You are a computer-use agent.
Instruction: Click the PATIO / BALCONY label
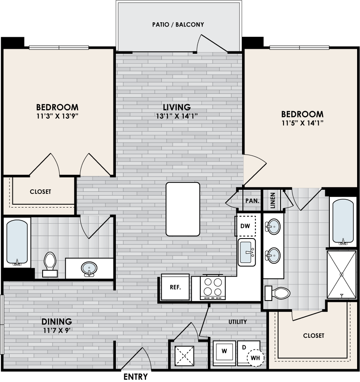[x=178, y=25]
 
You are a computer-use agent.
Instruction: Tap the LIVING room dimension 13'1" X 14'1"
[x=177, y=116]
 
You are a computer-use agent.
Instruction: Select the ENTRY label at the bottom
[x=136, y=376]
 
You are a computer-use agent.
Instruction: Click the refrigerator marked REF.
[x=175, y=287]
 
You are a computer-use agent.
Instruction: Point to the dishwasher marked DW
[x=245, y=226]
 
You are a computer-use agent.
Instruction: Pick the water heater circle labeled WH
[x=255, y=358]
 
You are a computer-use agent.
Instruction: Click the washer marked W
[x=224, y=353]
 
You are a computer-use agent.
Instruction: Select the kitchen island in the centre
[x=183, y=209]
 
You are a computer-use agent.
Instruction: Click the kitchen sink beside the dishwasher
[x=247, y=252]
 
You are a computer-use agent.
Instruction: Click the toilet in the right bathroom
[x=278, y=293]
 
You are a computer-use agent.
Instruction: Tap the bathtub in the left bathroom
[x=17, y=242]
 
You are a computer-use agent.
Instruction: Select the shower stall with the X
[x=341, y=275]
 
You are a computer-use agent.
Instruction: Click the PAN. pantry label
[x=252, y=201]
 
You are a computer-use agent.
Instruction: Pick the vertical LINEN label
[x=273, y=200]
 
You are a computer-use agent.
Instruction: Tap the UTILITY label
[x=238, y=322]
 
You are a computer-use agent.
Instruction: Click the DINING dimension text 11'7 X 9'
[x=57, y=331]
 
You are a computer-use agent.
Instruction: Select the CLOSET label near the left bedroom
[x=41, y=192]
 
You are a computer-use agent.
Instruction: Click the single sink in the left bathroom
[x=89, y=269]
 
